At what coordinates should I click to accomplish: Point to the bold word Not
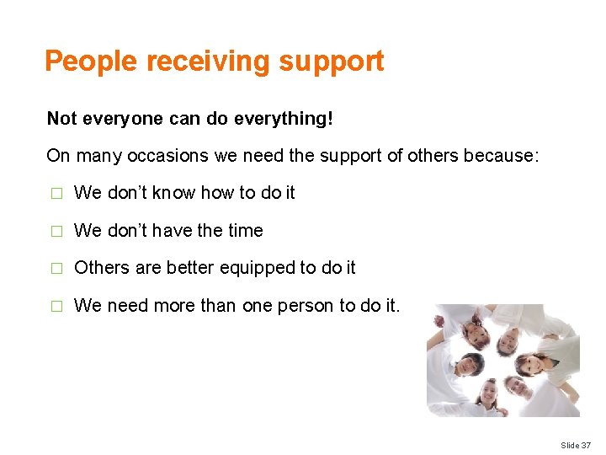pyautogui.click(x=61, y=119)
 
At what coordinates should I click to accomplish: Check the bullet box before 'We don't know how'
pyautogui.click(x=56, y=194)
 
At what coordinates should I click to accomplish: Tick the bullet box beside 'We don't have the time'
pyautogui.click(x=56, y=232)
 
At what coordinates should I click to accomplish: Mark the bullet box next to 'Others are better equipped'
pyautogui.click(x=56, y=269)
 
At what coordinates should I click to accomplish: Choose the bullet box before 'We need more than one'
pyautogui.click(x=56, y=307)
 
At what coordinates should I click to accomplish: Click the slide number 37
pyautogui.click(x=586, y=445)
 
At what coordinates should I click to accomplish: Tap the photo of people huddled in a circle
pyautogui.click(x=502, y=360)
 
